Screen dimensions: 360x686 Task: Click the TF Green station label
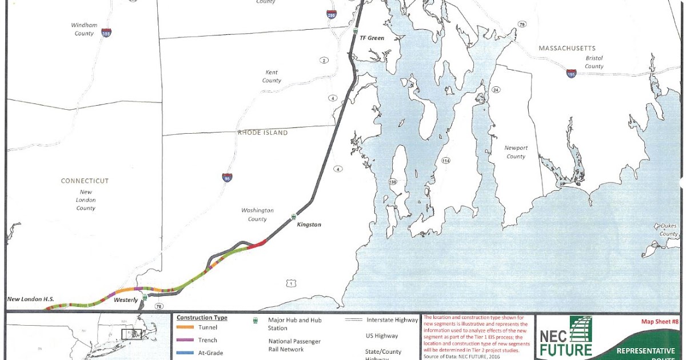pos(372,38)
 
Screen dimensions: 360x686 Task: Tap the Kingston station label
pos(309,225)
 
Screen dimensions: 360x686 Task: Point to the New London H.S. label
pos(30,299)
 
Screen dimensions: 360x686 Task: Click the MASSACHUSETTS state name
pos(567,49)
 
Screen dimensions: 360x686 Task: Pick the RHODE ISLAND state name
pos(263,133)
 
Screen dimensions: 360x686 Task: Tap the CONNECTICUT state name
pos(85,181)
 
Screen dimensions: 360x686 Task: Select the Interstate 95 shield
pos(227,177)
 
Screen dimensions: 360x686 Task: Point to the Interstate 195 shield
pos(571,74)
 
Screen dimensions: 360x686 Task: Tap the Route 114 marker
pos(445,161)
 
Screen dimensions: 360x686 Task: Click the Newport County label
pos(515,152)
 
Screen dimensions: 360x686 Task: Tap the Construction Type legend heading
pos(202,318)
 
